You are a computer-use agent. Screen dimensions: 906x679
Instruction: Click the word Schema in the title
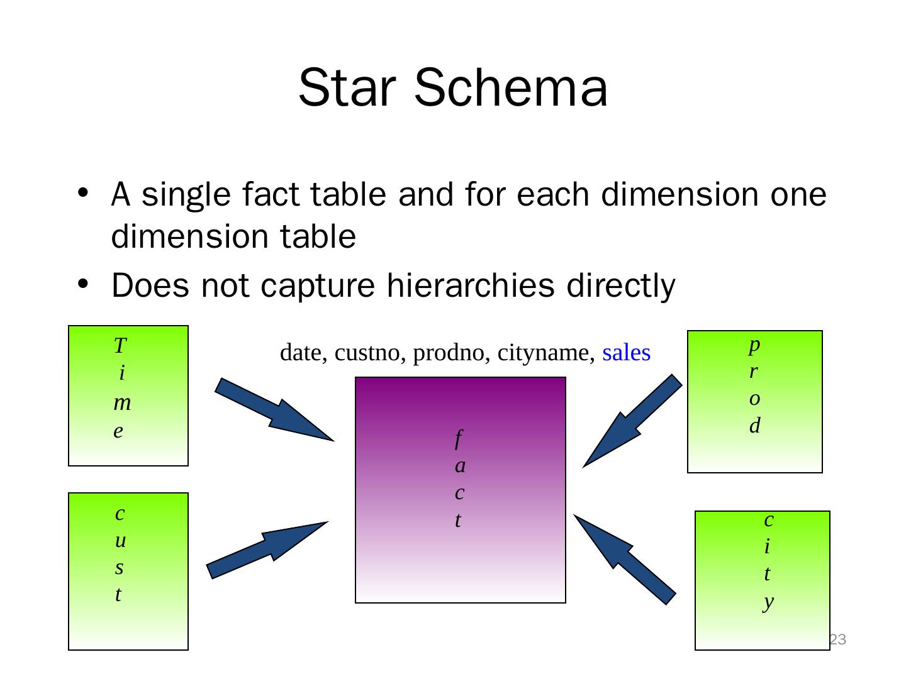[x=511, y=87]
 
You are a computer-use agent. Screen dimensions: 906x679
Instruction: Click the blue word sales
[x=626, y=353]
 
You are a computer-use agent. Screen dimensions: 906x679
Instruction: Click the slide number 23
[x=837, y=640]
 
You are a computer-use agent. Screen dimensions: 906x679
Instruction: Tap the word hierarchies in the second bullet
[x=470, y=286]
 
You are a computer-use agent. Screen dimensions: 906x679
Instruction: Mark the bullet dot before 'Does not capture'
[x=82, y=285]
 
